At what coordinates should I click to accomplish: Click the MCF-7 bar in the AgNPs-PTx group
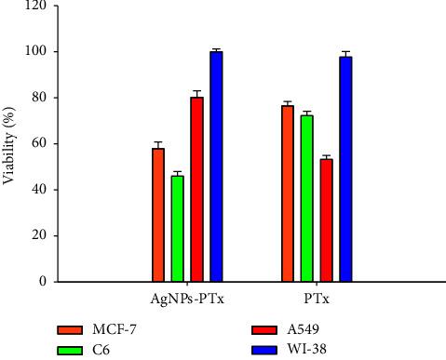(158, 215)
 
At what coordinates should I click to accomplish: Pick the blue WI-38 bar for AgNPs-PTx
(216, 167)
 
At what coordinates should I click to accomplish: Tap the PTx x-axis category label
(317, 300)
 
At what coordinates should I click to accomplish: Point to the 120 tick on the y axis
(35, 6)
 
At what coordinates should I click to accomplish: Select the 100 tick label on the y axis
(35, 52)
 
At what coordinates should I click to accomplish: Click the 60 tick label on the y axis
(38, 144)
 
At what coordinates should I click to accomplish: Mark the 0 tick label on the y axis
(42, 282)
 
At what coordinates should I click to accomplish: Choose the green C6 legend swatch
(71, 351)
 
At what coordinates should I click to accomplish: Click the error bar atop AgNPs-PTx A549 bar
(196, 93)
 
